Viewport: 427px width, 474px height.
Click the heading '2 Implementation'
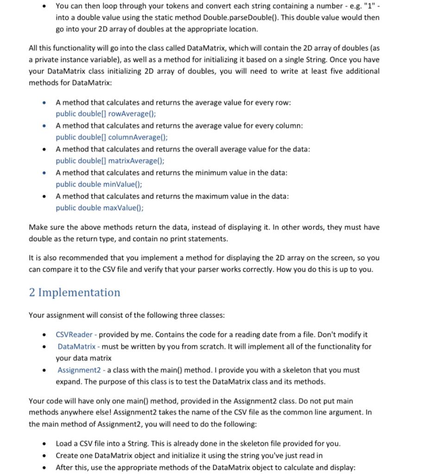point(74,293)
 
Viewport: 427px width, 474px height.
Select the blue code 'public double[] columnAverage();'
point(112,137)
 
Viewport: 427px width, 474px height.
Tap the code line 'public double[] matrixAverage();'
point(110,161)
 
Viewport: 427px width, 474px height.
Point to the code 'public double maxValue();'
point(100,208)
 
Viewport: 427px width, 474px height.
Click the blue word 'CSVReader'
point(74,334)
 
